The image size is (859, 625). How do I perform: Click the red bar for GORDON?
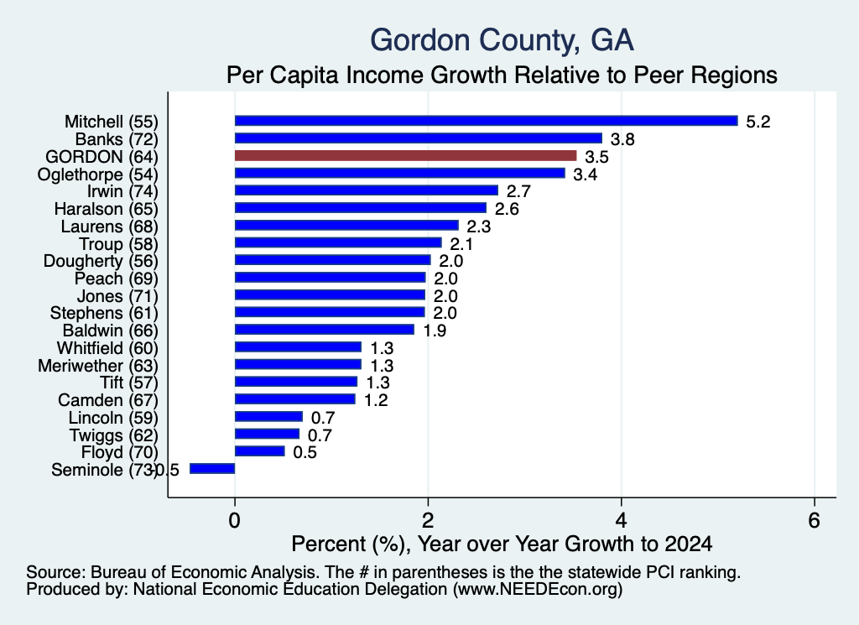[x=405, y=156]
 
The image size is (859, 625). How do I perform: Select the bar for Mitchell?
[x=487, y=121]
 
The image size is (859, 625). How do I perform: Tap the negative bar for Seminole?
[x=212, y=469]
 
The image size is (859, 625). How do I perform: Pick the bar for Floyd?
[x=260, y=451]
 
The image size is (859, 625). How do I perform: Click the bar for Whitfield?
[x=298, y=347]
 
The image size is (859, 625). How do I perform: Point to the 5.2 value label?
[x=758, y=122]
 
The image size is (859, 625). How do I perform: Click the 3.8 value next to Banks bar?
[x=622, y=139]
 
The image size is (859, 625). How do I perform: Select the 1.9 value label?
[x=435, y=331]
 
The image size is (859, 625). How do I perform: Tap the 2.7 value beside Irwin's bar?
[x=518, y=191]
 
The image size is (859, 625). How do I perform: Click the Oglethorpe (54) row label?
[x=97, y=174]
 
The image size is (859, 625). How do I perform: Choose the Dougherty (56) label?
[x=101, y=261]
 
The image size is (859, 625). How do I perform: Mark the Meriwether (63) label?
[x=98, y=366]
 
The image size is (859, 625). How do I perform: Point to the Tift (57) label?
[x=128, y=383]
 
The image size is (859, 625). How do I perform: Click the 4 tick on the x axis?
[x=621, y=520]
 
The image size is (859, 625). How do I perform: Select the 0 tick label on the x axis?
[x=235, y=520]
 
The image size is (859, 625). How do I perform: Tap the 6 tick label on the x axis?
[x=814, y=520]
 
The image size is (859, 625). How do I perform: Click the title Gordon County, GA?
[x=502, y=40]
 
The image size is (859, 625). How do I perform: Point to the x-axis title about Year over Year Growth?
[x=502, y=544]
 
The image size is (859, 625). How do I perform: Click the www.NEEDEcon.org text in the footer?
[x=538, y=590]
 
